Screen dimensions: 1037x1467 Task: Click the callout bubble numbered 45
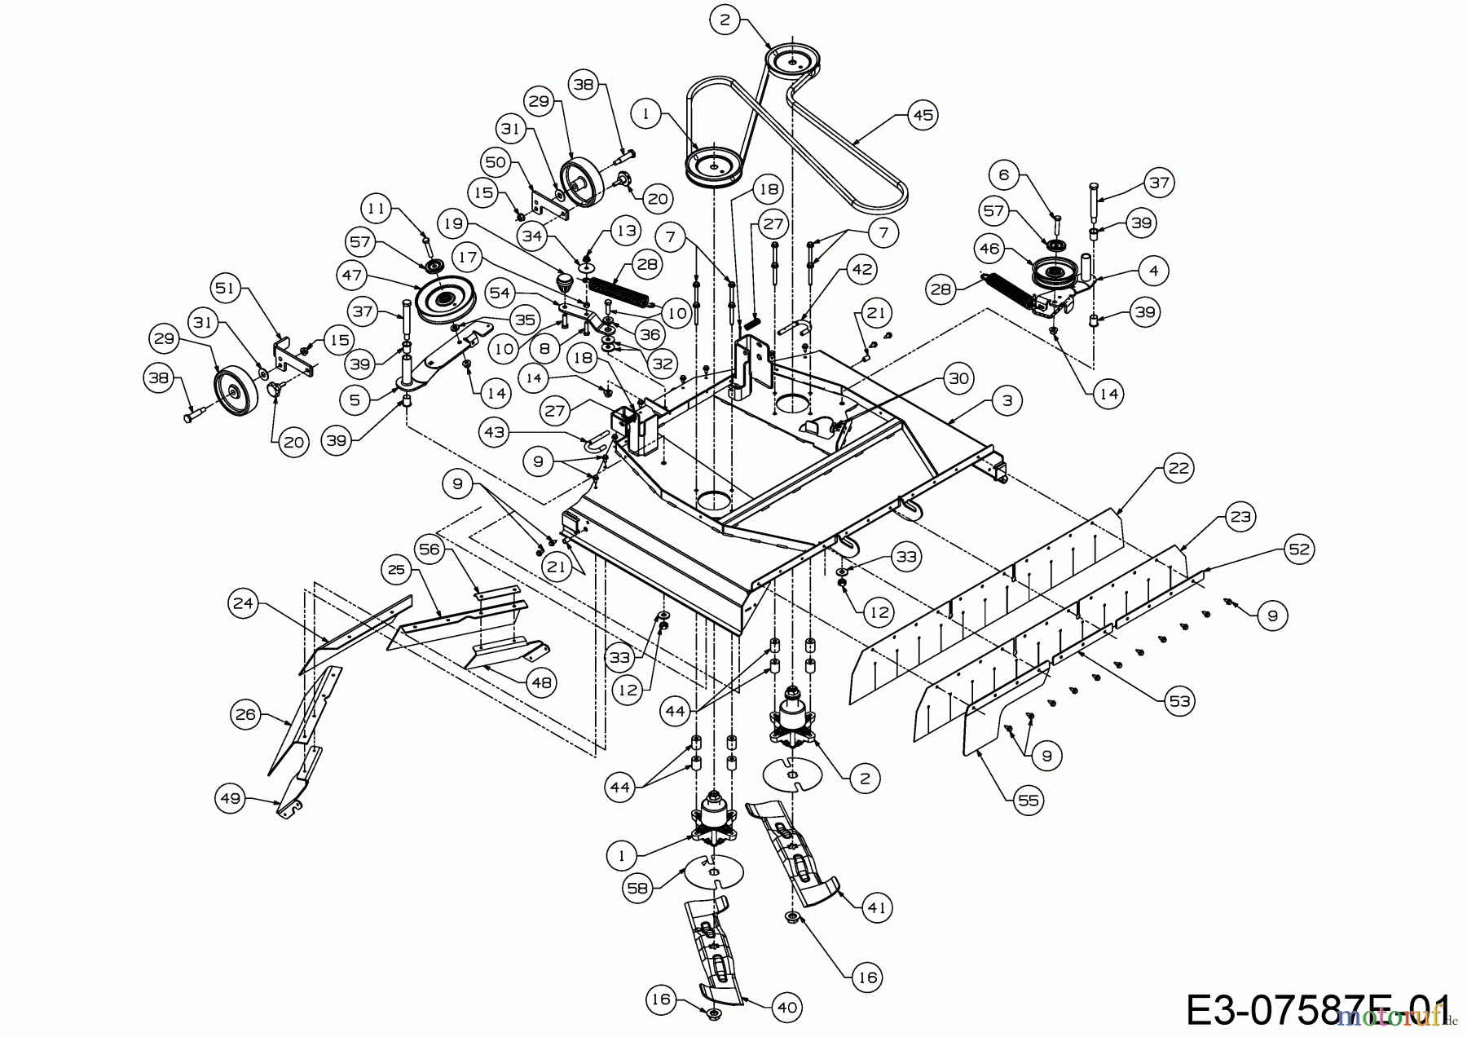[x=923, y=115]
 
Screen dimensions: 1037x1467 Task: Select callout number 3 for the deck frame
[x=1007, y=400]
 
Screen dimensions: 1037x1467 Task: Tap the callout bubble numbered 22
[x=1178, y=468]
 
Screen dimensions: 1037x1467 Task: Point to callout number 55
[x=1029, y=801]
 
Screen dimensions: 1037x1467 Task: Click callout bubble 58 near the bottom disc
[x=638, y=888]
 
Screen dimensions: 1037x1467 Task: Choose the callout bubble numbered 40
[x=786, y=1008]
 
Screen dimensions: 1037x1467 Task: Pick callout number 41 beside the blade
[x=876, y=907]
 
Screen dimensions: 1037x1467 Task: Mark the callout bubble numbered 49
[x=231, y=797]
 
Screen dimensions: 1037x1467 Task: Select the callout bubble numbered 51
[x=226, y=287]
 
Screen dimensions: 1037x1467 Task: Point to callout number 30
[x=960, y=378]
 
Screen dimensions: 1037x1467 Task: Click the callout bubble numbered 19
[x=454, y=222]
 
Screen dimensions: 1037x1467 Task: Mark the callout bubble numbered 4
[x=1152, y=270]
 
